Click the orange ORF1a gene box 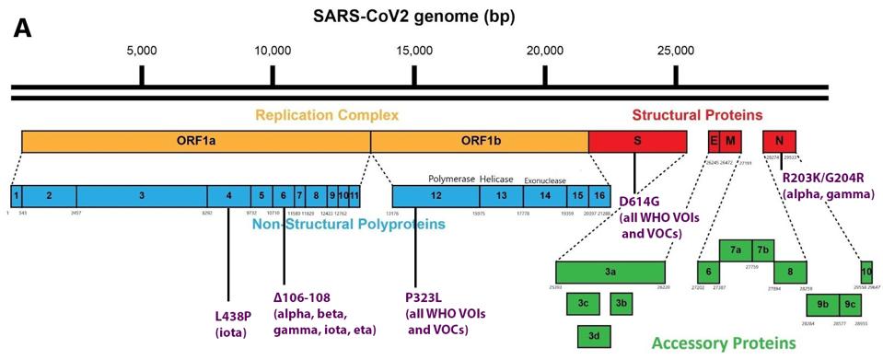(x=195, y=141)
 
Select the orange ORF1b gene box (x=479, y=141)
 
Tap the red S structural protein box (x=637, y=141)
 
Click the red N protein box (x=779, y=141)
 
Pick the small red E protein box (x=713, y=141)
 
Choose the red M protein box (x=731, y=141)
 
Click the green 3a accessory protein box (x=610, y=273)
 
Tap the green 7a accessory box (x=736, y=250)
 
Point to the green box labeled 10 (x=866, y=273)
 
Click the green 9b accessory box (x=822, y=305)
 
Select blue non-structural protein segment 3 (x=142, y=196)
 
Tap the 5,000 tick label (x=141, y=50)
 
